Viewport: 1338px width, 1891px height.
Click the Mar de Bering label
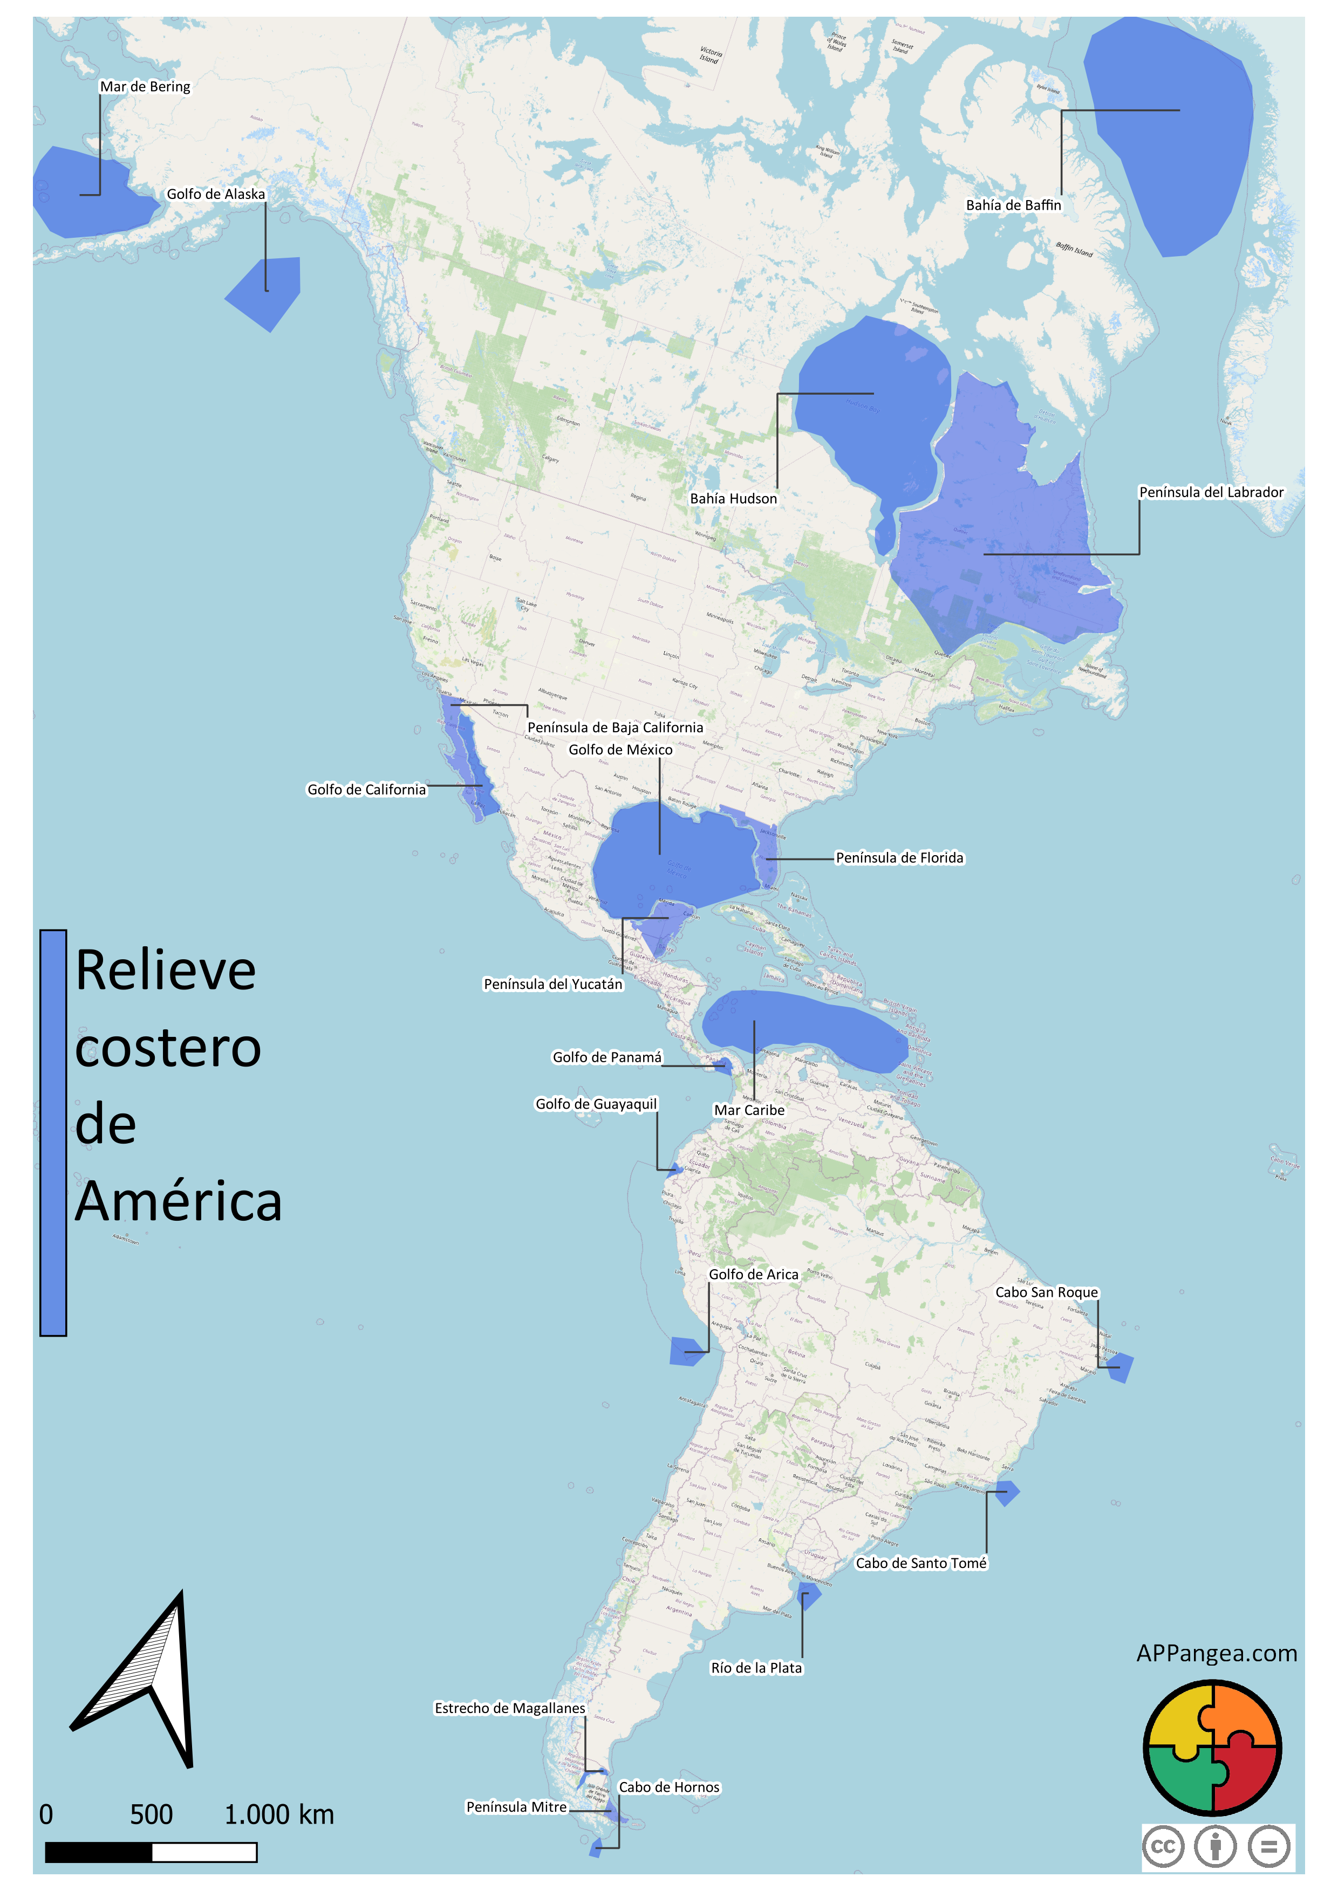click(x=145, y=86)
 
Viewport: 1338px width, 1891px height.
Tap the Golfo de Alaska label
click(x=216, y=194)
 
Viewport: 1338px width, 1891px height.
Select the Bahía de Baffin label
click(x=1013, y=205)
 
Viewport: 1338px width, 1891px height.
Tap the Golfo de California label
click(x=367, y=790)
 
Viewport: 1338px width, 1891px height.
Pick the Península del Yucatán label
click(x=553, y=984)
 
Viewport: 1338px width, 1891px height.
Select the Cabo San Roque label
click(x=1046, y=1292)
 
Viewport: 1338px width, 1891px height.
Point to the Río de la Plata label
click(x=756, y=1668)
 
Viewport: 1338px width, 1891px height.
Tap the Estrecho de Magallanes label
click(x=509, y=1708)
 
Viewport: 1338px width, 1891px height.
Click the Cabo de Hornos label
click(x=669, y=1787)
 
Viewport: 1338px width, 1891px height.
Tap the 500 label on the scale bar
click(x=152, y=1814)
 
